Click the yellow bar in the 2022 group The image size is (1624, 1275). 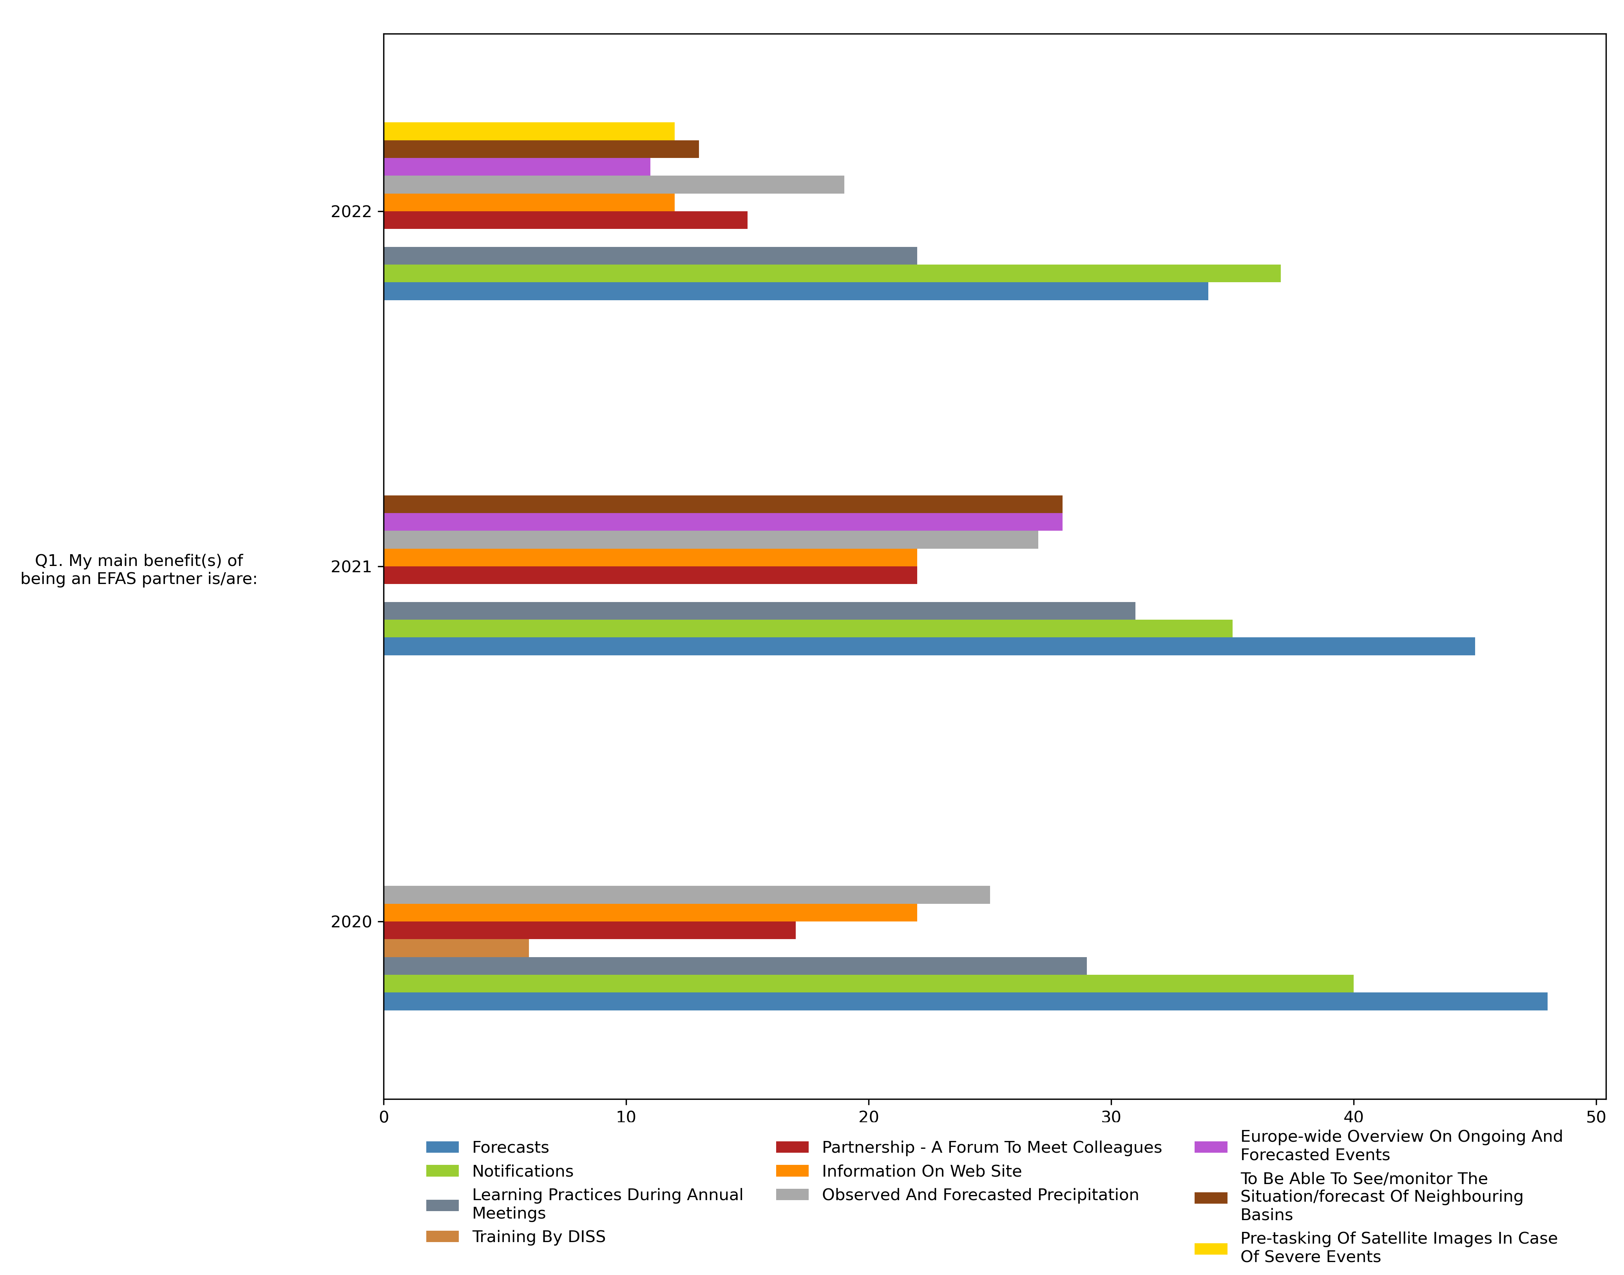point(529,131)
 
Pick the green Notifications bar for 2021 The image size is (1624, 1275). point(807,629)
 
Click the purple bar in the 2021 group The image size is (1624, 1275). point(722,522)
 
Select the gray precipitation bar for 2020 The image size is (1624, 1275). point(686,895)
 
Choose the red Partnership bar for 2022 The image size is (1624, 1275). point(565,220)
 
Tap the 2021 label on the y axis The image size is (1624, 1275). point(351,567)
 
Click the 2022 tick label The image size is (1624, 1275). point(351,212)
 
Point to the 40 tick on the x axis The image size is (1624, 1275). point(1353,1117)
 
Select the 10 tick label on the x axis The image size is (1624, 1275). point(625,1117)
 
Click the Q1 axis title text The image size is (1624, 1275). point(139,569)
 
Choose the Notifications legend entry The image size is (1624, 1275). point(522,1171)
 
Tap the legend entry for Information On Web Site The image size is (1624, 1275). point(921,1171)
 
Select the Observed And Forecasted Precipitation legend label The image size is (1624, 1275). point(980,1195)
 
